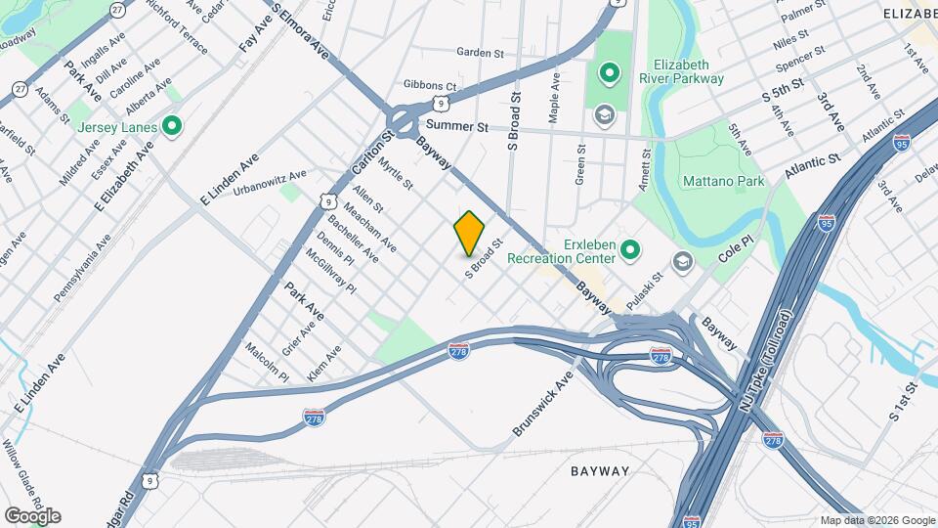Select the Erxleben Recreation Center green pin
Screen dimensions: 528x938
tap(630, 251)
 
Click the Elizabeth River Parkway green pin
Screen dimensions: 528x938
tap(610, 71)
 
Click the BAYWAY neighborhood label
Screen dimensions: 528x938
tap(600, 471)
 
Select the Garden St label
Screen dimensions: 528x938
tap(480, 53)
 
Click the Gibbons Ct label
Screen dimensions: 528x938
tap(430, 85)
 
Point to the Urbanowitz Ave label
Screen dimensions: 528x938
tap(270, 182)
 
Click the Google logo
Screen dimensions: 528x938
tap(32, 515)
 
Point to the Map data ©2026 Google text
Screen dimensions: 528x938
tap(876, 520)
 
